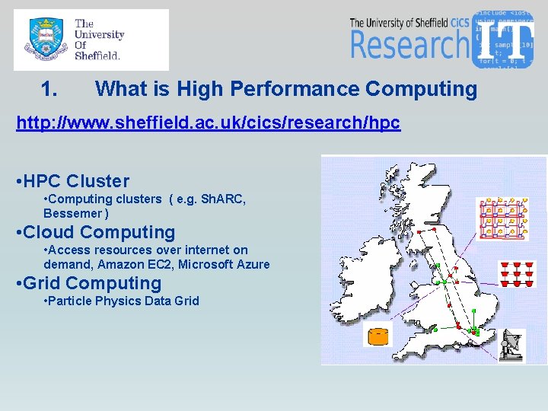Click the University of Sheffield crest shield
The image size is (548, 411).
(43, 40)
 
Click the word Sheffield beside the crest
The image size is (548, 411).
(97, 56)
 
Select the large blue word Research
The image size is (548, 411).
(409, 45)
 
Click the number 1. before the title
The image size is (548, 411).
(49, 90)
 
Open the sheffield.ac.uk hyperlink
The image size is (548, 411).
(208, 123)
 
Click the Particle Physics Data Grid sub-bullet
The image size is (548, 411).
(122, 301)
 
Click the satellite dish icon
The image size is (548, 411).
(513, 345)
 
